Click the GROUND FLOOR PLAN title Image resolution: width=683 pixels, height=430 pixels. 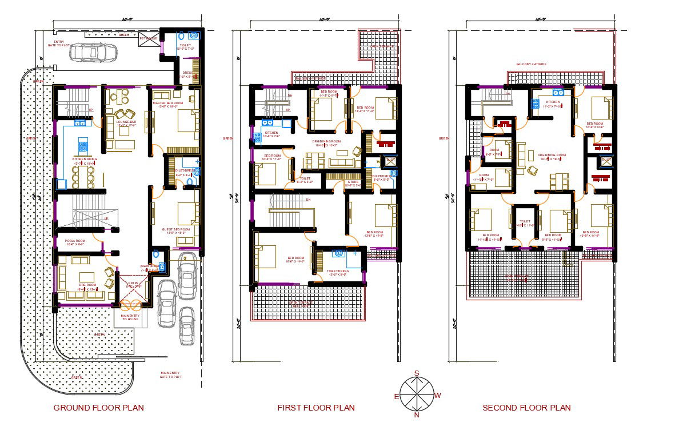98,408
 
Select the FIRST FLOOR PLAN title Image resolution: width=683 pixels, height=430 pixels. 316,408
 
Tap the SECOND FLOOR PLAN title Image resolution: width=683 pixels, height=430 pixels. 526,408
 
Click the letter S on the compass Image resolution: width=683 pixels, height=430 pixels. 417,373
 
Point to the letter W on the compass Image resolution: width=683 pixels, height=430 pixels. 438,395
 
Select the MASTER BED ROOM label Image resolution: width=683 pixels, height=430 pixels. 167,103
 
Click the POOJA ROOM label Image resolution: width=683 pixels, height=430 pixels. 74,241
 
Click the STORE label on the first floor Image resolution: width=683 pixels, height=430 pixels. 353,182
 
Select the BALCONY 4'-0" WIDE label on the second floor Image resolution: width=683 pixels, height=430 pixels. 531,64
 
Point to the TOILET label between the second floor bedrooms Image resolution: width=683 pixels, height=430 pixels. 525,221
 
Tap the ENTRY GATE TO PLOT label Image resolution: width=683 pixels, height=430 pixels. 59,43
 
